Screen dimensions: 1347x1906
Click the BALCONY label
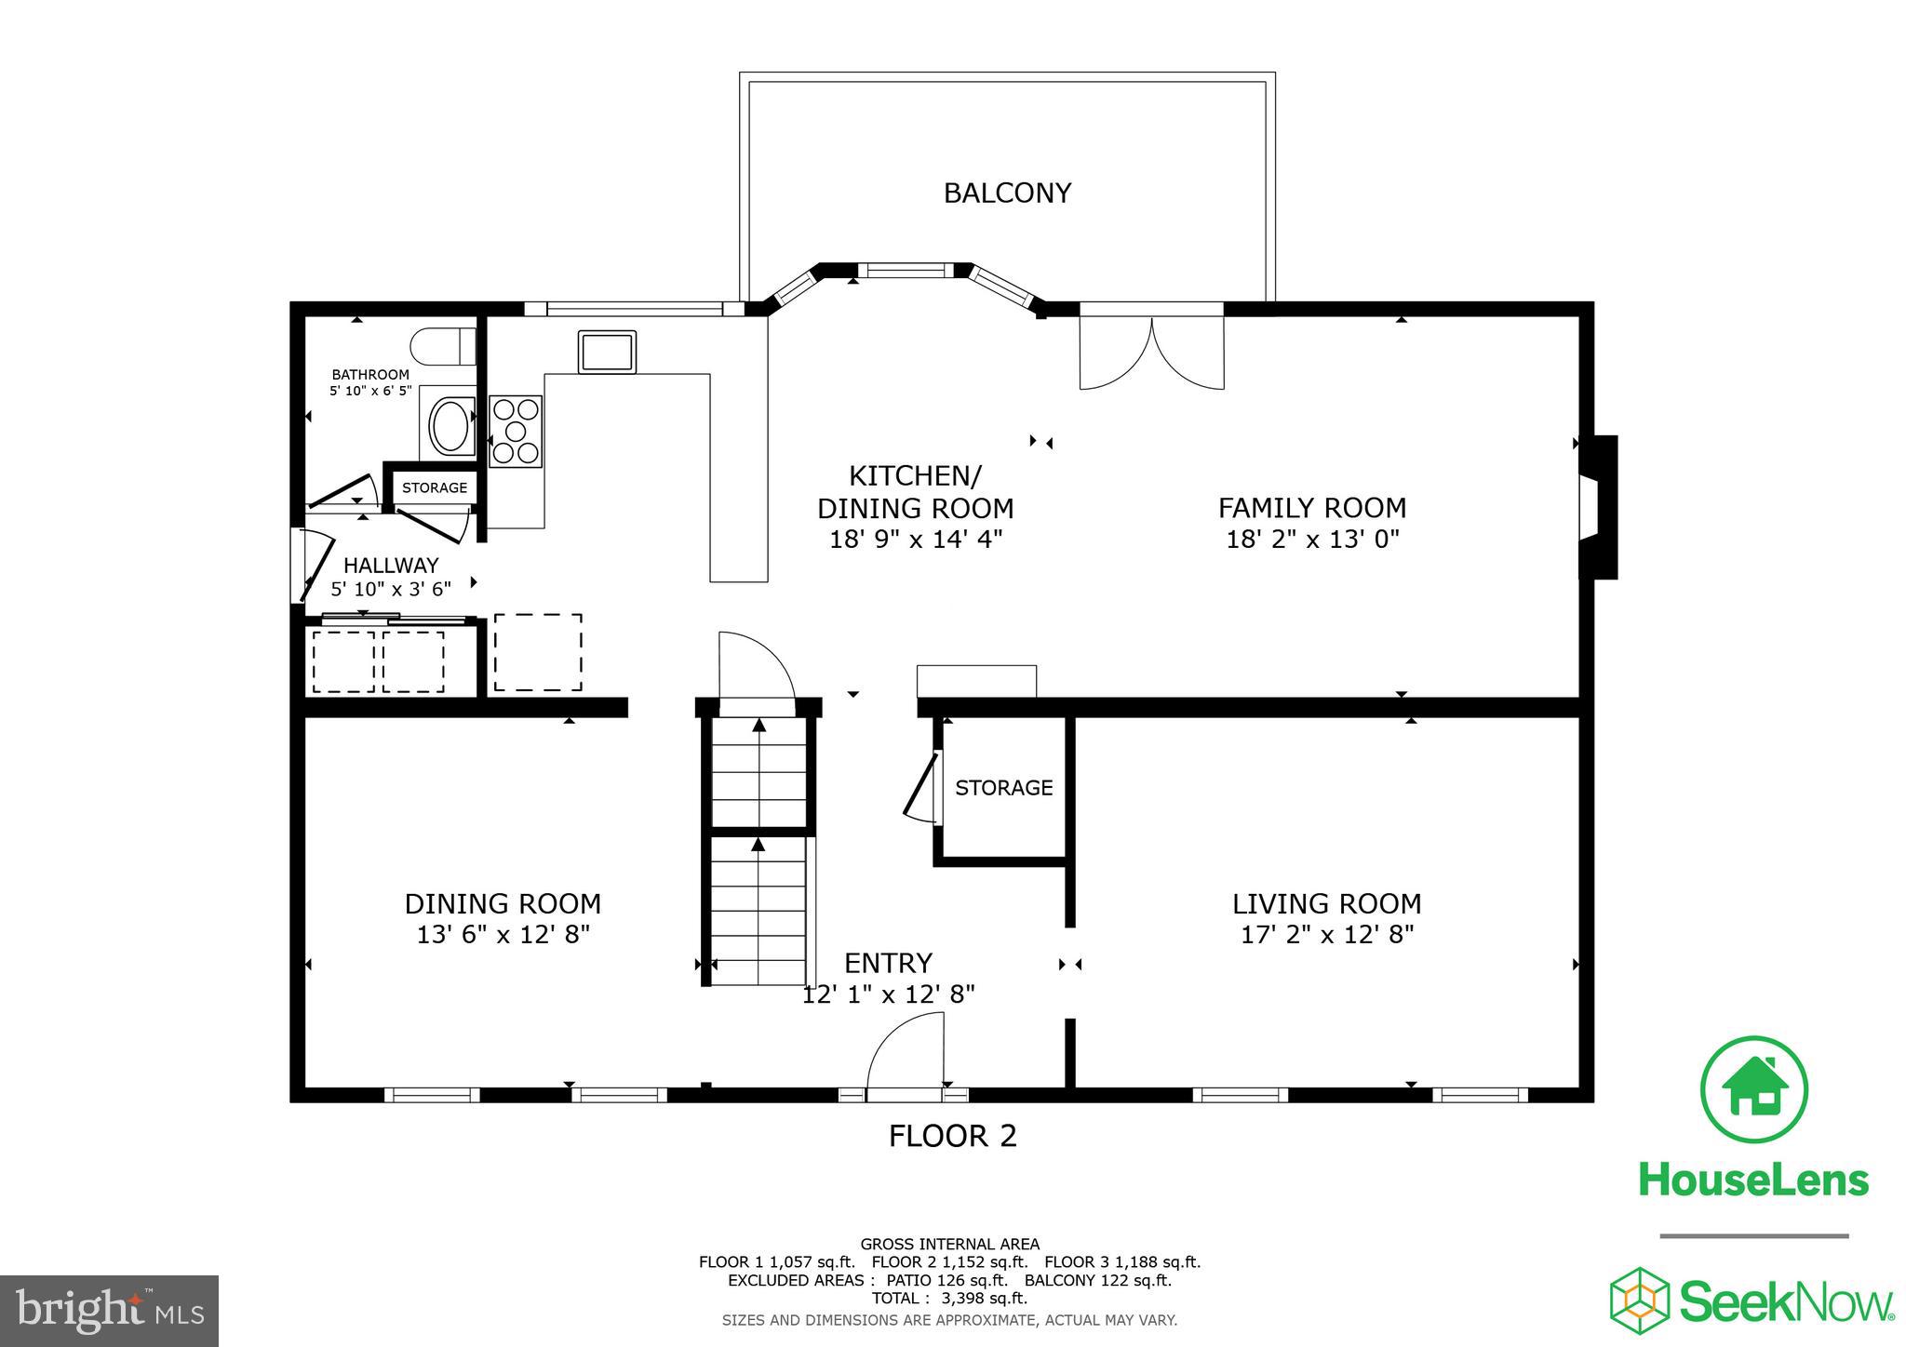tap(1007, 193)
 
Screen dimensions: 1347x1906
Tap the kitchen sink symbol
tap(607, 352)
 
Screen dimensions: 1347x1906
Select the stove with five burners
tap(516, 431)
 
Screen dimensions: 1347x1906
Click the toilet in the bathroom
tap(441, 346)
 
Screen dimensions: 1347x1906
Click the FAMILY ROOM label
tap(1311, 508)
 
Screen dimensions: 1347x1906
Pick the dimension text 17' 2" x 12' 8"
tap(1327, 934)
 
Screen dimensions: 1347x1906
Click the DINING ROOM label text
tap(503, 903)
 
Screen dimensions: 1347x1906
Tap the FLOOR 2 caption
tap(952, 1136)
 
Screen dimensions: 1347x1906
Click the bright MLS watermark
tap(110, 1311)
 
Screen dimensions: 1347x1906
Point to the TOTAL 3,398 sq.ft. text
tap(949, 1298)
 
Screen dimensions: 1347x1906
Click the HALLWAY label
tap(391, 565)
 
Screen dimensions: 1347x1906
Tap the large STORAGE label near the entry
tap(1003, 788)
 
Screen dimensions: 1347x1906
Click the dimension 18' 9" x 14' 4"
tap(915, 539)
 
